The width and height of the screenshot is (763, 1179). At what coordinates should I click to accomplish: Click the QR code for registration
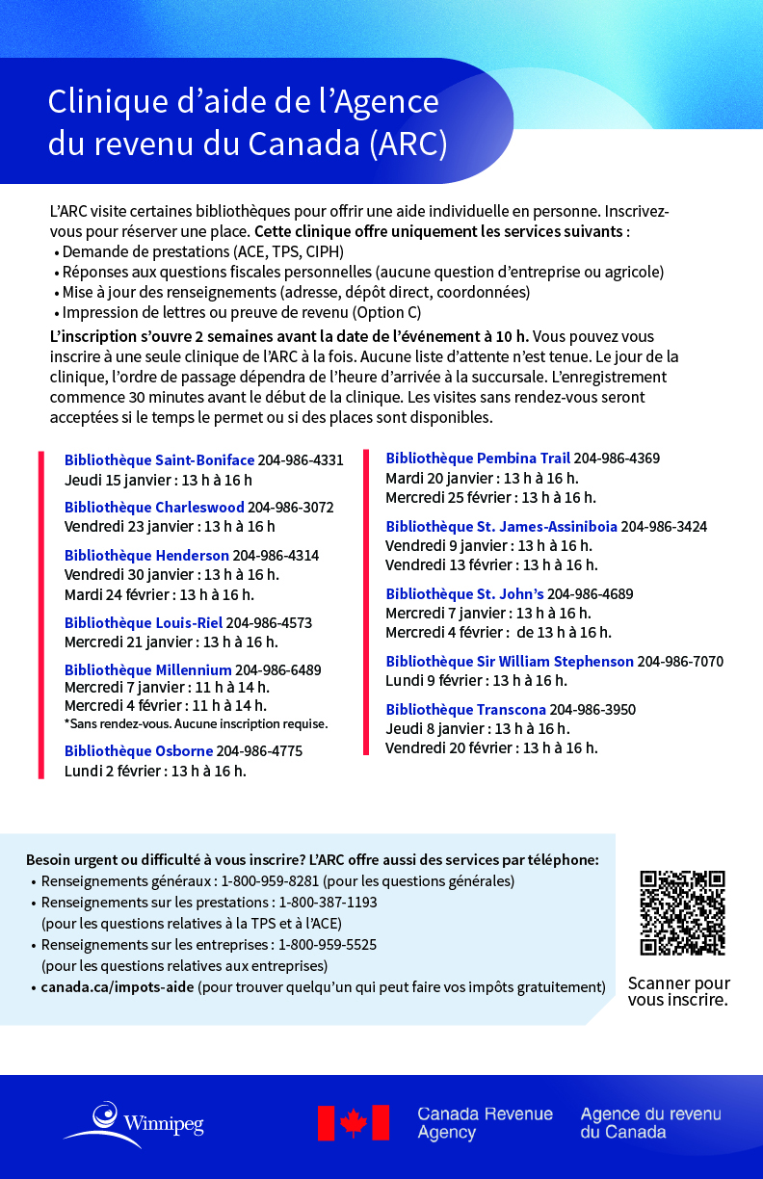tap(682, 912)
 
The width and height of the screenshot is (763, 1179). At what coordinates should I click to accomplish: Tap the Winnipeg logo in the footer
tap(134, 1123)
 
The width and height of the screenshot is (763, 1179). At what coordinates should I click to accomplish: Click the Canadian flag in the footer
tap(353, 1123)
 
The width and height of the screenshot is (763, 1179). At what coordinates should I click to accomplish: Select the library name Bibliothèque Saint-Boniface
tap(159, 460)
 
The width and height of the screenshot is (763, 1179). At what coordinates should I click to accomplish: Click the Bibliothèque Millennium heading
tap(147, 669)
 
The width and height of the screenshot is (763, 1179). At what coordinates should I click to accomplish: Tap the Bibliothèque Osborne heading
tap(139, 751)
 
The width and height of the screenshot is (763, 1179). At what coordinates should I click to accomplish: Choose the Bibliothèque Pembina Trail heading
tap(478, 458)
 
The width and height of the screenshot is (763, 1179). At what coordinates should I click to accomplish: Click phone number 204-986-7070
tap(680, 662)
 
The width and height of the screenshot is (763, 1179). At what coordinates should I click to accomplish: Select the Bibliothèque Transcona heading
tap(465, 710)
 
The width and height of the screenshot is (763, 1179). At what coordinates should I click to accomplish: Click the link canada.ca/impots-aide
tap(118, 987)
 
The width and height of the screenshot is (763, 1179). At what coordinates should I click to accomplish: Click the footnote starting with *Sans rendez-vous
tap(196, 723)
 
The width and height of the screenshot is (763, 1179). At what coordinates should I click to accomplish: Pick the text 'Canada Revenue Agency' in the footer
tap(485, 1123)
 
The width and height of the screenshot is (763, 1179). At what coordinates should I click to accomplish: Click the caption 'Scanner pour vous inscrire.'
tap(678, 991)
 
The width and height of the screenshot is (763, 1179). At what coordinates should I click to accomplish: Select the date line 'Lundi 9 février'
tap(476, 681)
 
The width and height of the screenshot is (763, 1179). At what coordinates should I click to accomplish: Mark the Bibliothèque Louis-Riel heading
tap(144, 623)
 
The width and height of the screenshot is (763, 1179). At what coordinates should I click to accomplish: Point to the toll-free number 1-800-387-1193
tap(328, 903)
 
